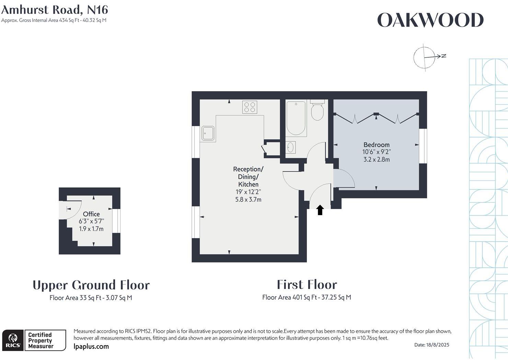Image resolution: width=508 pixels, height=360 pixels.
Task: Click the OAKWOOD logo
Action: pyautogui.click(x=430, y=20)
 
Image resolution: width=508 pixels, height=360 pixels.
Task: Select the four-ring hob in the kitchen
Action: pyautogui.click(x=250, y=107)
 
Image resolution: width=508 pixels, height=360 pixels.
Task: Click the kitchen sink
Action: pyautogui.click(x=208, y=133)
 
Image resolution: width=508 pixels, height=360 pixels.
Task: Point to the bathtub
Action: pyautogui.click(x=296, y=118)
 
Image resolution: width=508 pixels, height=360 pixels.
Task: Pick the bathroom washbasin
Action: pyautogui.click(x=290, y=147)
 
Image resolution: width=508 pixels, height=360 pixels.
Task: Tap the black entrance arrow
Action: pyautogui.click(x=320, y=210)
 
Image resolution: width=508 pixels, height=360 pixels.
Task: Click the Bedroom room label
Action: pyautogui.click(x=377, y=144)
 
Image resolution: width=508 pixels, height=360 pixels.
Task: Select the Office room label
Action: pyautogui.click(x=91, y=214)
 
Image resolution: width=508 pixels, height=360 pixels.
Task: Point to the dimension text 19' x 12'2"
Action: pyautogui.click(x=248, y=192)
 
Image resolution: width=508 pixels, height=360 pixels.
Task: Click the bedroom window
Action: pyautogui.click(x=423, y=146)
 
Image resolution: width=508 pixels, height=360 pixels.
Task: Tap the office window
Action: pyautogui.click(x=116, y=221)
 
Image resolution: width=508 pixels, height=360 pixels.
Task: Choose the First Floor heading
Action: pyautogui.click(x=307, y=284)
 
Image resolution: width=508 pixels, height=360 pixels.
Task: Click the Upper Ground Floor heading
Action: pyautogui.click(x=91, y=285)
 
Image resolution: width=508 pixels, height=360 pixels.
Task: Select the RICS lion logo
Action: pyautogui.click(x=13, y=340)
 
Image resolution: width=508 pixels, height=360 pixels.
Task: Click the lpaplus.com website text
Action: pyautogui.click(x=91, y=347)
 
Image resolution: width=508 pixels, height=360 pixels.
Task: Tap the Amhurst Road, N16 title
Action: pyautogui.click(x=55, y=10)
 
